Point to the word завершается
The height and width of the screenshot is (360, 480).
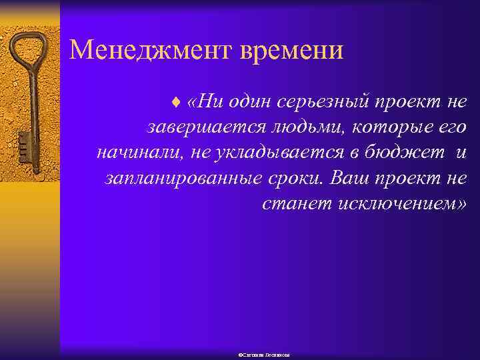click(x=193, y=127)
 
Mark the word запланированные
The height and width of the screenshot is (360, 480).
click(x=171, y=178)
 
